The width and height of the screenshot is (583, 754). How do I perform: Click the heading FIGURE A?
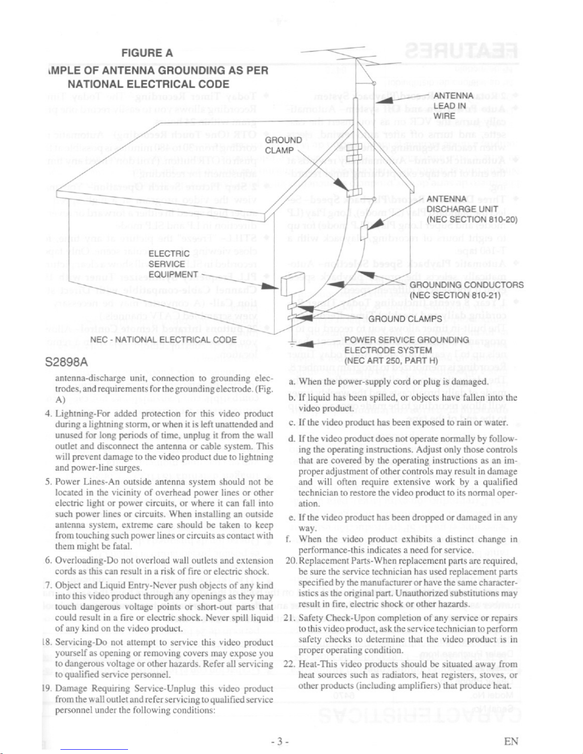coord(147,53)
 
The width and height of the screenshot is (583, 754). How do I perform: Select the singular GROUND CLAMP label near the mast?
coord(283,145)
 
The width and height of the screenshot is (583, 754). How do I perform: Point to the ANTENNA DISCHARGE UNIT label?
coord(472,209)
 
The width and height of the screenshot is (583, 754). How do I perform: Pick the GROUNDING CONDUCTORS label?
coord(466,290)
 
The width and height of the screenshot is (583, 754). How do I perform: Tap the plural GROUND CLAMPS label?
coord(405,319)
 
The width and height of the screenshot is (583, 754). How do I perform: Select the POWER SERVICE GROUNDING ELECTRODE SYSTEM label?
coord(406,350)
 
